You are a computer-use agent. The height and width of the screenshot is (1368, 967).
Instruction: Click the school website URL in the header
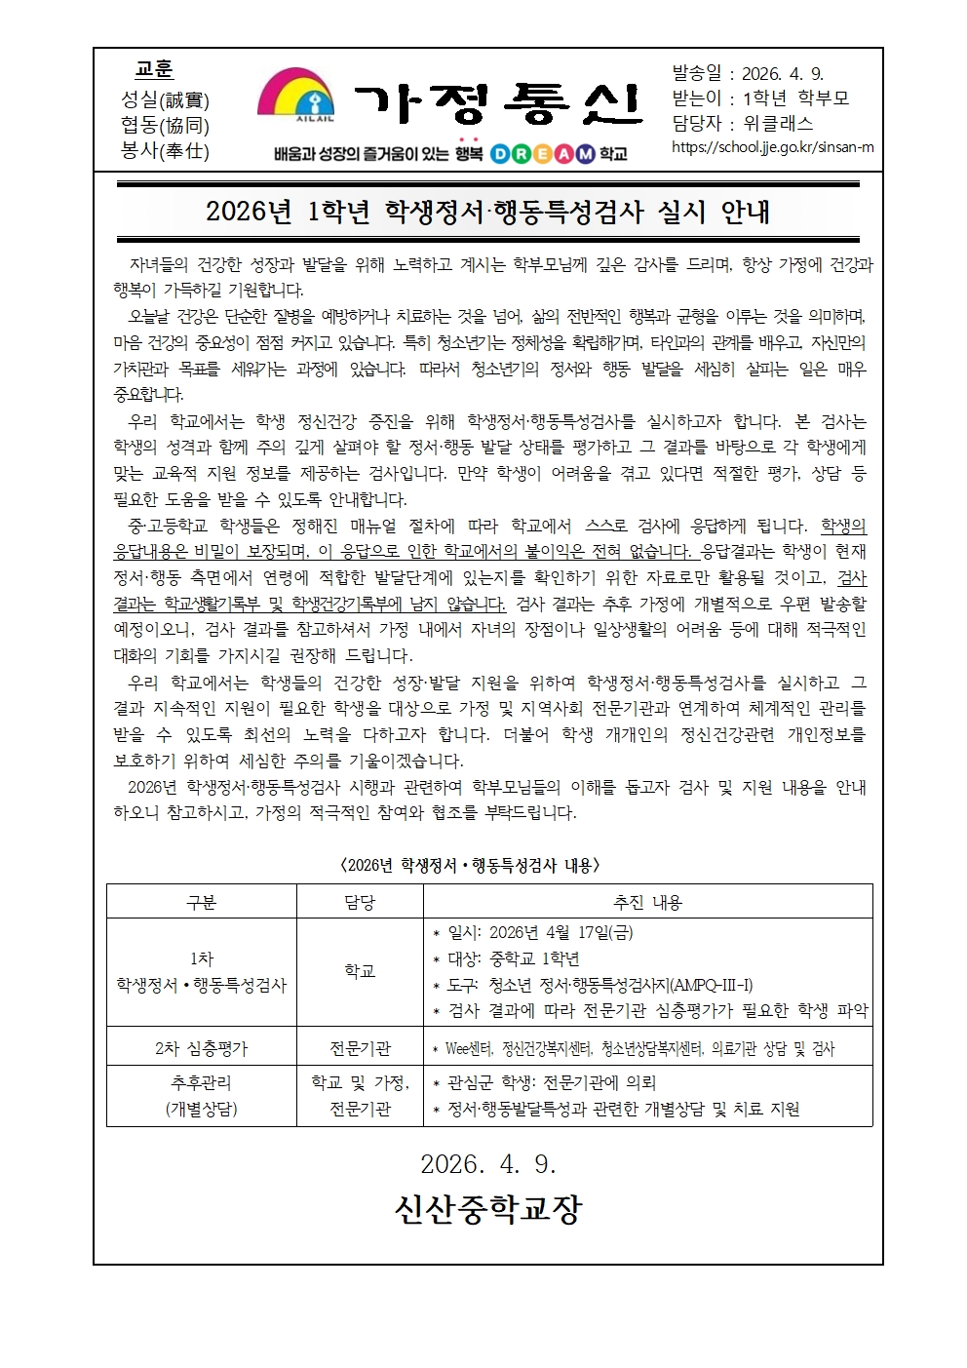pos(772,147)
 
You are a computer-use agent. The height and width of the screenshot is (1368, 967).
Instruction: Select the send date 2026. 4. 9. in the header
pos(782,74)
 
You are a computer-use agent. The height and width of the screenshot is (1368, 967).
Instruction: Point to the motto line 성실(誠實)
pos(165,99)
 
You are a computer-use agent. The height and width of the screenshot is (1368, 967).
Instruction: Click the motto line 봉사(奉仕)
pos(165,150)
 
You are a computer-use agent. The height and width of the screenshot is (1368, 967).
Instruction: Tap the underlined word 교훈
pos(154,69)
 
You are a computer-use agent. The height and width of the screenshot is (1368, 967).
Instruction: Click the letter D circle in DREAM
pos(498,153)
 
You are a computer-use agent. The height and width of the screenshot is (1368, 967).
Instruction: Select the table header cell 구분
pos(201,902)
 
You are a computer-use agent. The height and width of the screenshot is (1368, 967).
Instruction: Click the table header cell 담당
pos(360,902)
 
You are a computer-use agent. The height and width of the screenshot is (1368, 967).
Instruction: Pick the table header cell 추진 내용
pos(647,902)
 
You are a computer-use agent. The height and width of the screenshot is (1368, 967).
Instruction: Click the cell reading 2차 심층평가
pos(201,1048)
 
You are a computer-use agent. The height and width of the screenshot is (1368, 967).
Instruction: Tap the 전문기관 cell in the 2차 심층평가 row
pos(360,1048)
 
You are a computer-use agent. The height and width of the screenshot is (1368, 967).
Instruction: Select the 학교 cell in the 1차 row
pos(360,971)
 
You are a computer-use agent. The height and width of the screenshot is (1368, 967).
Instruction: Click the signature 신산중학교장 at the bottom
pos(487,1209)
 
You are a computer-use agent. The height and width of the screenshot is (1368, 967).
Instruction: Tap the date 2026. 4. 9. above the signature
pos(487,1163)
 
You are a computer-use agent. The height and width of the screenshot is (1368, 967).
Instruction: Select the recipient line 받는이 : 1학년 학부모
pos(760,98)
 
